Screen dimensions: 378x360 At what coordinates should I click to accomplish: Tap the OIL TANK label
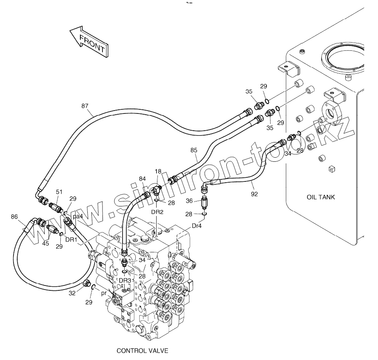click(321, 197)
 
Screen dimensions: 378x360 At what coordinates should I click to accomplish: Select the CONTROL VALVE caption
click(142, 351)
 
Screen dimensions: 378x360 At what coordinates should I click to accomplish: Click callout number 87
click(84, 106)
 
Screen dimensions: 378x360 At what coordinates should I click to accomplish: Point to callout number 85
click(194, 150)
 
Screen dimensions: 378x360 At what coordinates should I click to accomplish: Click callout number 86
click(14, 217)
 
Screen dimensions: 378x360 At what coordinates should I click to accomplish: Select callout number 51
click(59, 192)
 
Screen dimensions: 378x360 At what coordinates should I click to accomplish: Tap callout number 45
click(46, 243)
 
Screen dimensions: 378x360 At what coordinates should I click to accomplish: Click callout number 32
click(72, 293)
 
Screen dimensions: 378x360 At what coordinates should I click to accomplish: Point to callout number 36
click(189, 201)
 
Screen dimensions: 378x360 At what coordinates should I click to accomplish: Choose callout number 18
click(158, 172)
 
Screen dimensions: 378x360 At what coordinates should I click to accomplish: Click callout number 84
click(142, 179)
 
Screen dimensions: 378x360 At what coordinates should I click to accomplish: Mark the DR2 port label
click(157, 212)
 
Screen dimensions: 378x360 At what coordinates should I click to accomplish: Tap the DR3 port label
click(125, 281)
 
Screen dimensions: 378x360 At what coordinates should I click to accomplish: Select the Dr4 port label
click(196, 226)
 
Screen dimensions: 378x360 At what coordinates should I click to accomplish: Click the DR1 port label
click(71, 240)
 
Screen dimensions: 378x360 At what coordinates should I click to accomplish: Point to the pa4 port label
click(78, 217)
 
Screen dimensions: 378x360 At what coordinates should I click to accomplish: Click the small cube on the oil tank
click(332, 169)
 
